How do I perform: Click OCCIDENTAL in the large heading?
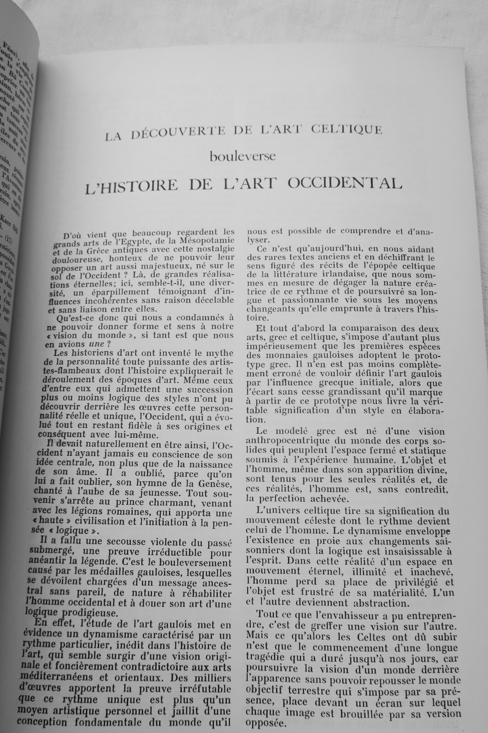pos(345,184)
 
